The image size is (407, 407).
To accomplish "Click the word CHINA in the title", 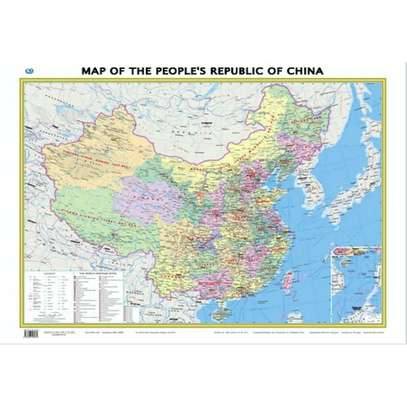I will pyautogui.click(x=302, y=71).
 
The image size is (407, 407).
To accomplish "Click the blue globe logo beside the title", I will pyautogui.click(x=29, y=71).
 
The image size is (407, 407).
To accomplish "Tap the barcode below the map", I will pyautogui.click(x=31, y=334).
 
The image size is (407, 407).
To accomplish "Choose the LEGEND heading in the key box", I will pyautogui.click(x=49, y=273).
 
